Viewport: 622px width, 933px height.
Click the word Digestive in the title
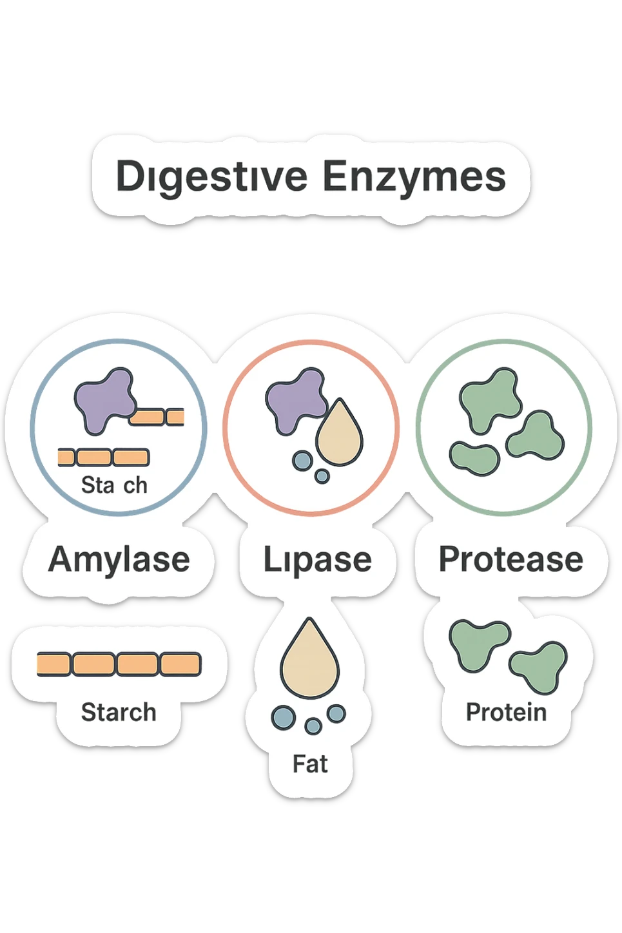(x=211, y=177)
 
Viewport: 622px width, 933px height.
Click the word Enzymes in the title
(x=414, y=177)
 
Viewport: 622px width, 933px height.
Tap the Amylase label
(x=119, y=559)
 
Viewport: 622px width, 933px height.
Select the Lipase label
(x=317, y=559)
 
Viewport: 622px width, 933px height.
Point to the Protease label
(x=510, y=559)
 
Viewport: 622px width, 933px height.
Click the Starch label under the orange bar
(x=119, y=713)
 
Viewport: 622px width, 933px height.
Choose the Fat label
(x=310, y=764)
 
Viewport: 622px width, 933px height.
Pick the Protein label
(x=506, y=713)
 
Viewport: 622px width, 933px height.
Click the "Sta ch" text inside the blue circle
(x=114, y=485)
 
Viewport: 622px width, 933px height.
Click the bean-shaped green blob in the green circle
(x=474, y=458)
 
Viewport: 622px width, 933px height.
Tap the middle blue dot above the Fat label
(x=313, y=726)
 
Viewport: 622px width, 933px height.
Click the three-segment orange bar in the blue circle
(x=104, y=457)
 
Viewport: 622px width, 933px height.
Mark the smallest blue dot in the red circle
(x=322, y=476)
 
